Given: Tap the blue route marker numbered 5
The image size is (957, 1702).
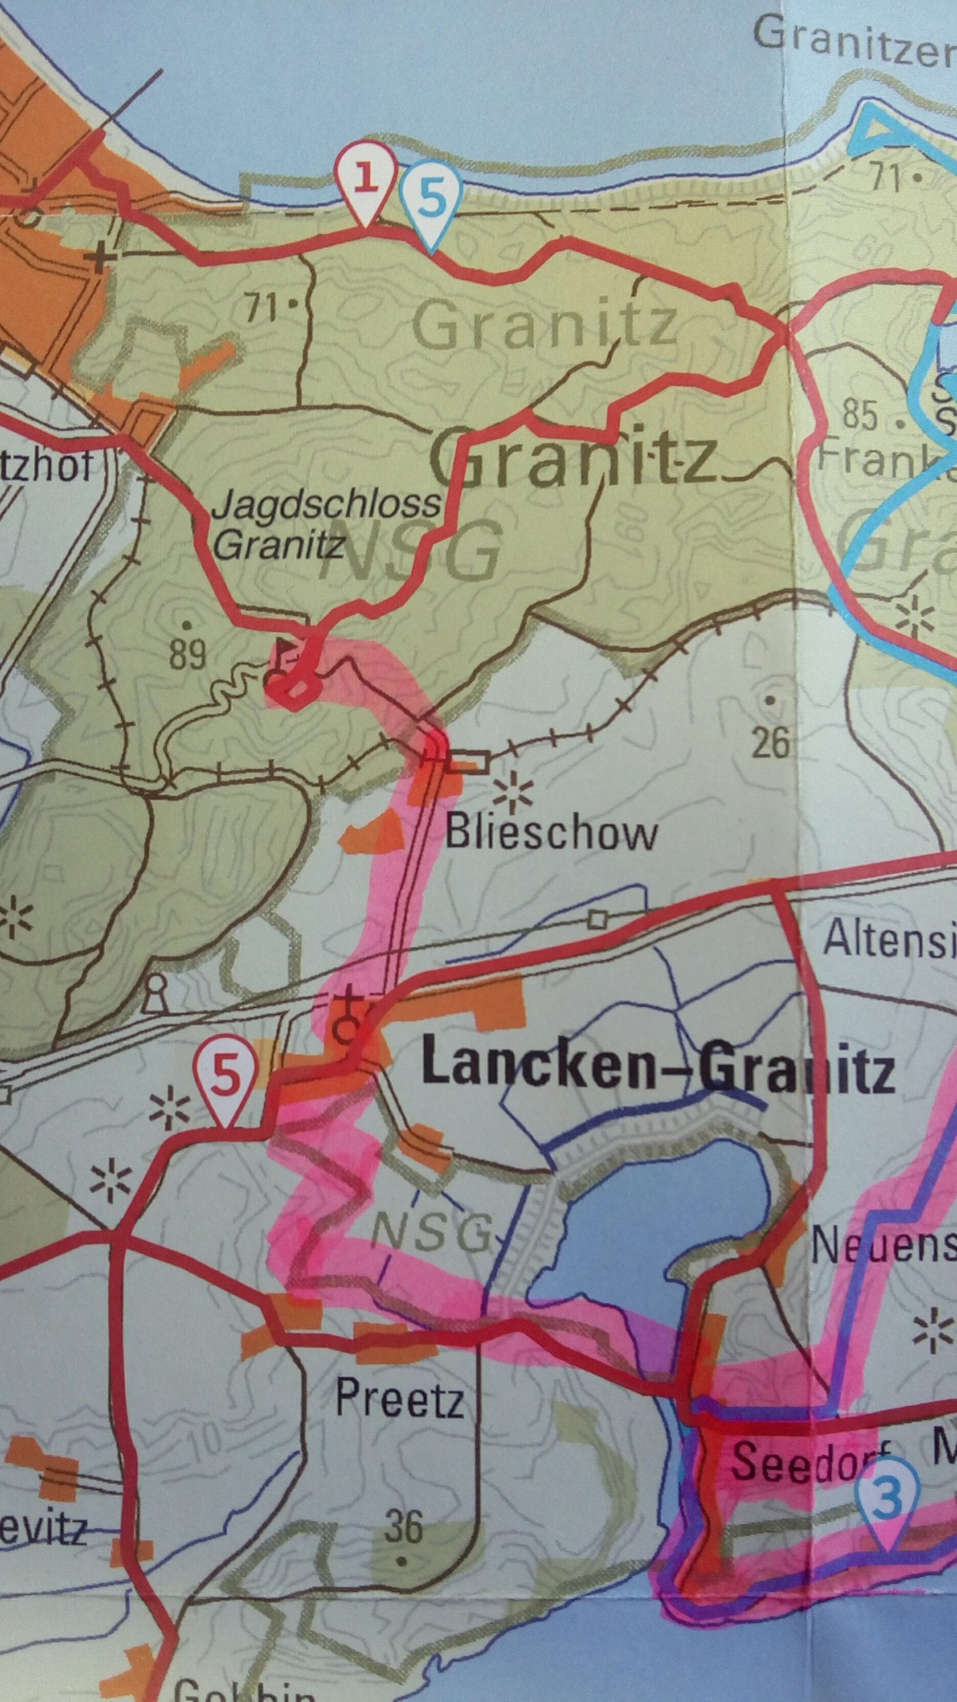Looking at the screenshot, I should (431, 199).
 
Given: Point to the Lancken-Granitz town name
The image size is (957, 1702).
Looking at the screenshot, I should (657, 1069).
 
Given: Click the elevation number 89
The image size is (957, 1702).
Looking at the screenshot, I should (188, 654).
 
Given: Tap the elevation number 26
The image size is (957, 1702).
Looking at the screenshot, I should (771, 742).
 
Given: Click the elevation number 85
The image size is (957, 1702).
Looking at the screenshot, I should (861, 416).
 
